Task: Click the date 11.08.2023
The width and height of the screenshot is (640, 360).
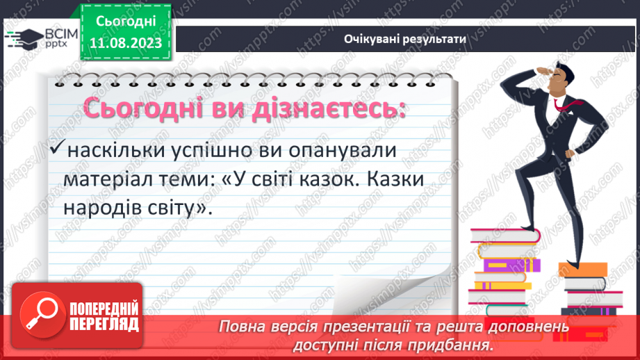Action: click(126, 43)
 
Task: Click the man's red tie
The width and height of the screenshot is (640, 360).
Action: click(562, 104)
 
